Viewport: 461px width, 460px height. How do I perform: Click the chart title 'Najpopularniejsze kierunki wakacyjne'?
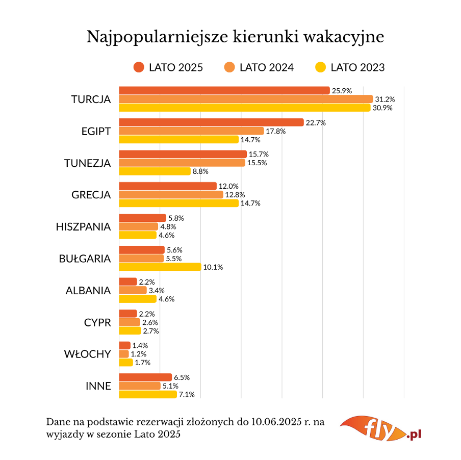235,37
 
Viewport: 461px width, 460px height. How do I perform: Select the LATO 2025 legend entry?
168,67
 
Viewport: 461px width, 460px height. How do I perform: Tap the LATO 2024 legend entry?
259,67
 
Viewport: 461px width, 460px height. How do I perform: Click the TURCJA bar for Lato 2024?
246,99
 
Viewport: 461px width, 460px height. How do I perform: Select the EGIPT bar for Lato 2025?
211,122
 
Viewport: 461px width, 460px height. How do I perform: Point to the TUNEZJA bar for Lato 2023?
155,171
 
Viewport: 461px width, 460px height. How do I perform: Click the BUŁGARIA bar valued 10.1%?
160,267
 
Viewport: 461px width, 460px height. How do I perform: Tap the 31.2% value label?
385,99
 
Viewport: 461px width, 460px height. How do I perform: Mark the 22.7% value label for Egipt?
316,122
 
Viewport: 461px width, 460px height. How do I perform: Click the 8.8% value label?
200,171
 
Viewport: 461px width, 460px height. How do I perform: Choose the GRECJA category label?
91,195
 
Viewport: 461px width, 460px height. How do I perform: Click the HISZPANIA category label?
83,226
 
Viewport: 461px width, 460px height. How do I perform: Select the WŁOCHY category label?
87,354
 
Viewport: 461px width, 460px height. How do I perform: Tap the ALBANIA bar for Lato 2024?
133,290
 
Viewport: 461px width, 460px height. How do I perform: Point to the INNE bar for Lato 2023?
148,394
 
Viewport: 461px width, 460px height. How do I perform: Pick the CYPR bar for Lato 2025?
127,314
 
